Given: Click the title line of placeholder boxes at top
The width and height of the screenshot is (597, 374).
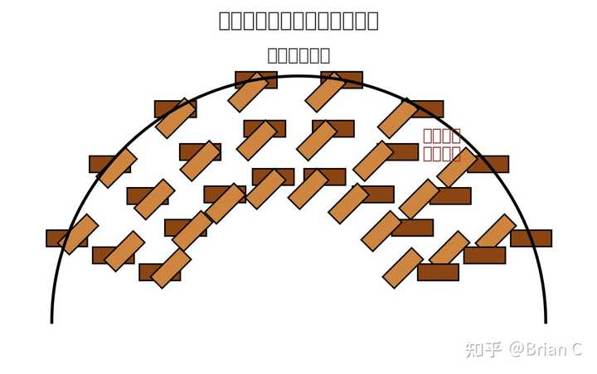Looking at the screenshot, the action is tap(298, 21).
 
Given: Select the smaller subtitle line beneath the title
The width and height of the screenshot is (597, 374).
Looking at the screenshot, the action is tap(298, 55).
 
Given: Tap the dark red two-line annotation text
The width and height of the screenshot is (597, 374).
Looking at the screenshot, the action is tap(441, 144).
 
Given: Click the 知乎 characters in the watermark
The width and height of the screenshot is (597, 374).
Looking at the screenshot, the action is tap(483, 349).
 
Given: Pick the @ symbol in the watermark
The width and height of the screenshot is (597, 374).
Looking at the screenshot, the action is tap(517, 350).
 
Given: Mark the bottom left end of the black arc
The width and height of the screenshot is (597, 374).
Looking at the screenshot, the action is tap(51, 321).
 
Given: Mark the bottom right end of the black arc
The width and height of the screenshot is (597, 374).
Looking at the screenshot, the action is tap(546, 321).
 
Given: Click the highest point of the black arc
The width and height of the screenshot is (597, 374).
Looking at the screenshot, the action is tap(298, 76).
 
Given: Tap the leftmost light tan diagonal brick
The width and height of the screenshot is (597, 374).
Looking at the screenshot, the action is tap(79, 234).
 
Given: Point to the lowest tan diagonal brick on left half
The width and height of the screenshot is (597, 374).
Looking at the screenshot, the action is tap(172, 268).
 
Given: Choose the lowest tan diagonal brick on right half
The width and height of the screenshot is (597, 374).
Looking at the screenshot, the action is tap(403, 268).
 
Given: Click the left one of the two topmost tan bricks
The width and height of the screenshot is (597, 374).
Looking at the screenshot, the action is tap(248, 92).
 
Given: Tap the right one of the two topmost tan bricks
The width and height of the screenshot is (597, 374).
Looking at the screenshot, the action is tap(325, 92).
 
